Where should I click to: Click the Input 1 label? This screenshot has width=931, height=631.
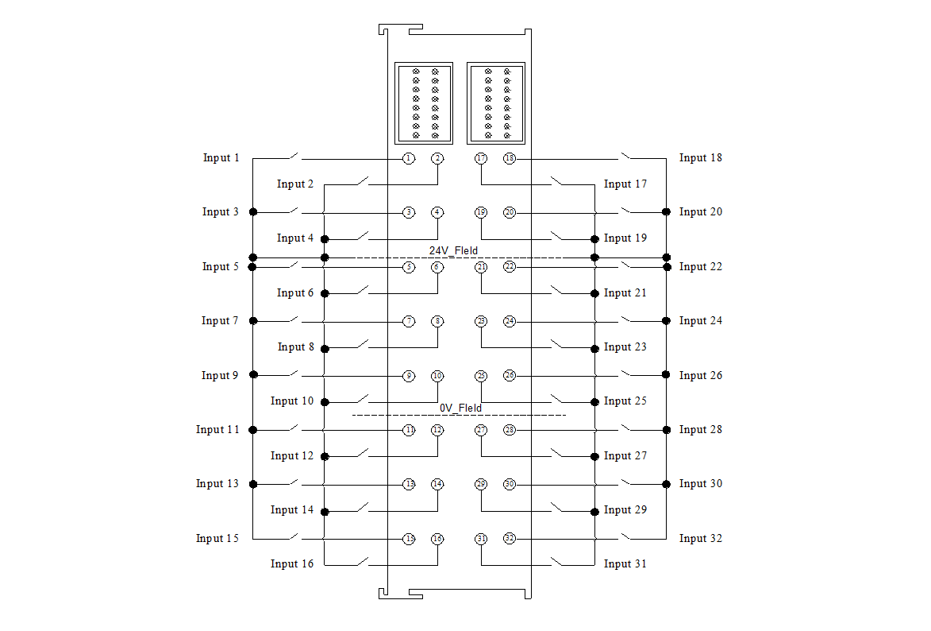tap(221, 158)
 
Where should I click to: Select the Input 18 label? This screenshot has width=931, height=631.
tap(700, 158)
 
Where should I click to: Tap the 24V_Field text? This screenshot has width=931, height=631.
tap(453, 251)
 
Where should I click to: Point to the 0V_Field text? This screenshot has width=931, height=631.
tap(460, 408)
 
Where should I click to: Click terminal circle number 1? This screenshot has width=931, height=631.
tap(408, 159)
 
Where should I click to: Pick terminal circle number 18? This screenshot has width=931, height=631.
tap(510, 159)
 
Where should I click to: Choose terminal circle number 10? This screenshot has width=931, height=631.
tap(437, 376)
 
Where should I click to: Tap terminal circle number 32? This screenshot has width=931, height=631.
tap(510, 539)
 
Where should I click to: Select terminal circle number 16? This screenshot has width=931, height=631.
tap(437, 539)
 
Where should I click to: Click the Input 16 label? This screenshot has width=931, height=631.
tap(291, 564)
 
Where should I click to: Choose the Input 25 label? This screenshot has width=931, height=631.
tap(625, 401)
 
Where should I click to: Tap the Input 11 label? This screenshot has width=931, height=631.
tap(217, 430)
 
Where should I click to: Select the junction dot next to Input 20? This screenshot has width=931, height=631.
tap(667, 212)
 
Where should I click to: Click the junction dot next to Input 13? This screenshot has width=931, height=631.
tap(254, 484)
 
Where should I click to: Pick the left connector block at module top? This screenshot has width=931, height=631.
tap(424, 103)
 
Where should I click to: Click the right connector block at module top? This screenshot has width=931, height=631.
tap(497, 103)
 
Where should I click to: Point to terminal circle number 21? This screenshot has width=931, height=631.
tap(481, 267)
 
